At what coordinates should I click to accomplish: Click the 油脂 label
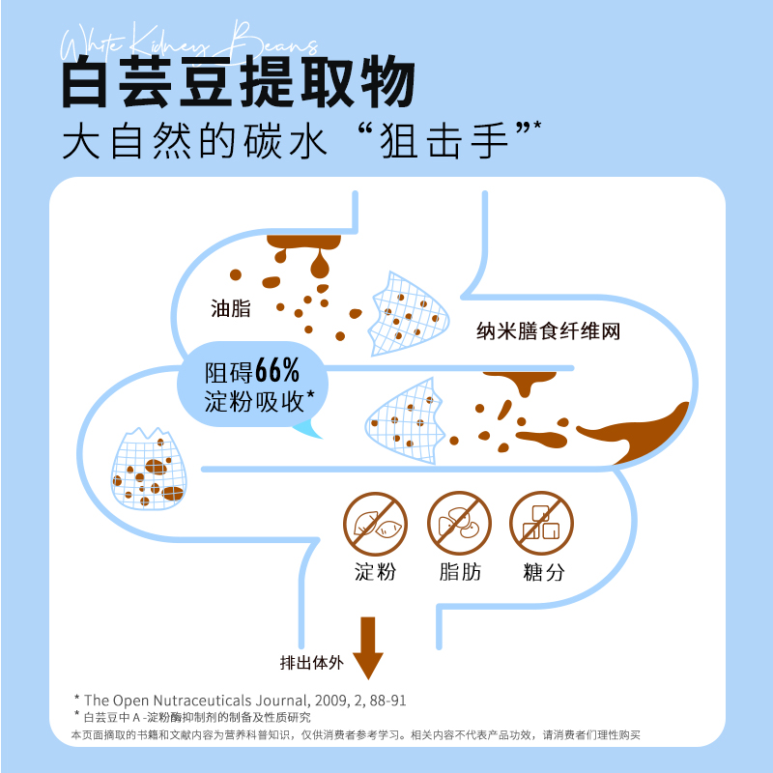(231, 309)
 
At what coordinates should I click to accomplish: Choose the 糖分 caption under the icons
(543, 572)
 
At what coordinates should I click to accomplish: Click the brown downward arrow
(368, 647)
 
